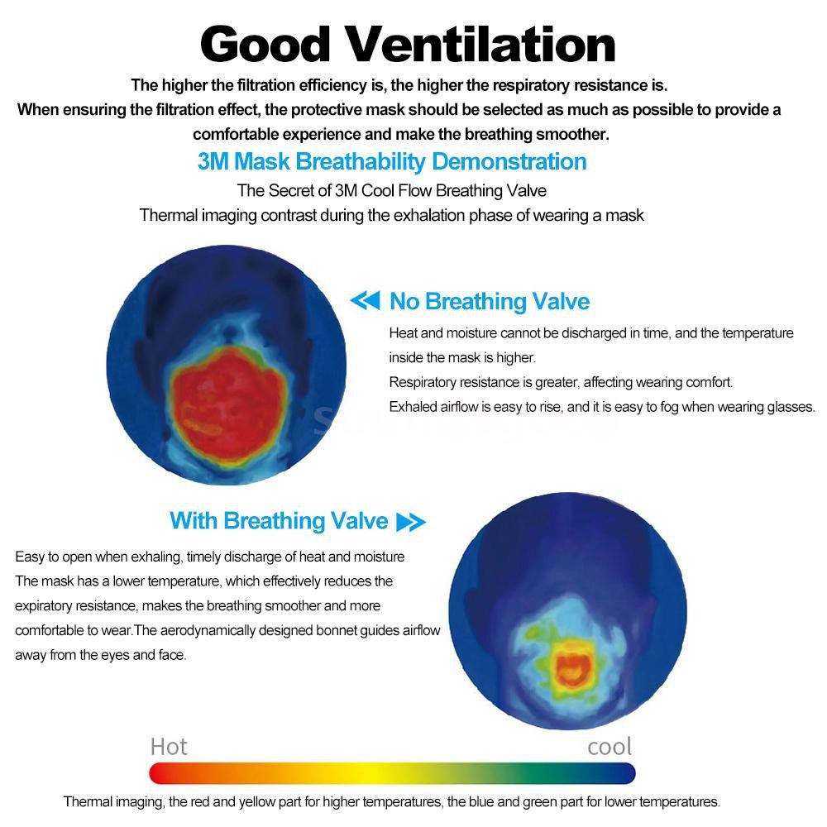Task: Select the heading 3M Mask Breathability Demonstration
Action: pyautogui.click(x=392, y=161)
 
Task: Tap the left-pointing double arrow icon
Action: pyautogui.click(x=365, y=301)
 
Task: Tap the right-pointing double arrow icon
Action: pyautogui.click(x=411, y=522)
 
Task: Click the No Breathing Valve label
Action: pyautogui.click(x=490, y=302)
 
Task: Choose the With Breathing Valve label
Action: pyautogui.click(x=279, y=521)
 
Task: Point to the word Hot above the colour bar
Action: pyautogui.click(x=169, y=747)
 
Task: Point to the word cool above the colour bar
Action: pyautogui.click(x=609, y=747)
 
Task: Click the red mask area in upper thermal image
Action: pyautogui.click(x=228, y=393)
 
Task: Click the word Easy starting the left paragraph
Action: pyautogui.click(x=29, y=557)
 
